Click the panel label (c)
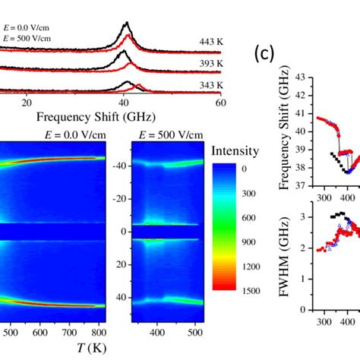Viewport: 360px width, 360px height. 264,55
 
